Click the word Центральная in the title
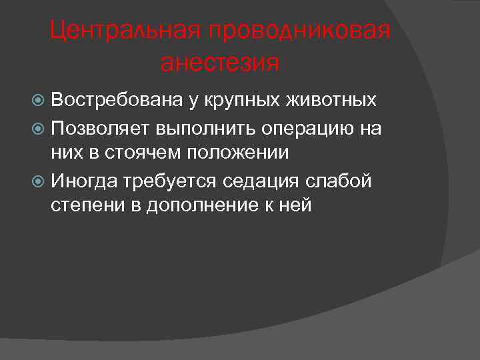(x=126, y=31)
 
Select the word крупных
(x=235, y=101)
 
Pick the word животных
(x=331, y=101)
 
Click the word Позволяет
(x=100, y=127)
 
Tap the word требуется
(x=169, y=181)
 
